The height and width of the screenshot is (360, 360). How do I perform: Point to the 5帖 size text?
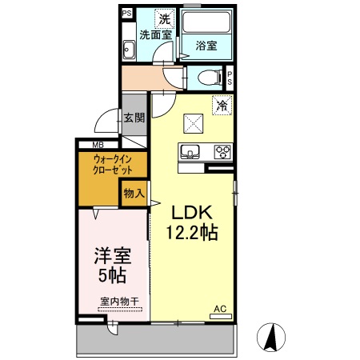[x=113, y=276]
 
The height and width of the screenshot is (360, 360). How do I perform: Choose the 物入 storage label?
[x=134, y=194]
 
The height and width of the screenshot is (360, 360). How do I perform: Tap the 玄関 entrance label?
[x=134, y=118]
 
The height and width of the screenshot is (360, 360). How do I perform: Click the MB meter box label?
[x=98, y=145]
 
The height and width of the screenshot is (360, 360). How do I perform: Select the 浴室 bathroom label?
[x=206, y=46]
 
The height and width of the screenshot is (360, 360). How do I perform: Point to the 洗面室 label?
[x=155, y=34]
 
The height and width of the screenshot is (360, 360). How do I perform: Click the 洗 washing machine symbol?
[x=164, y=18]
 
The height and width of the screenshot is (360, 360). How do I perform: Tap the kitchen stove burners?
[x=222, y=151]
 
